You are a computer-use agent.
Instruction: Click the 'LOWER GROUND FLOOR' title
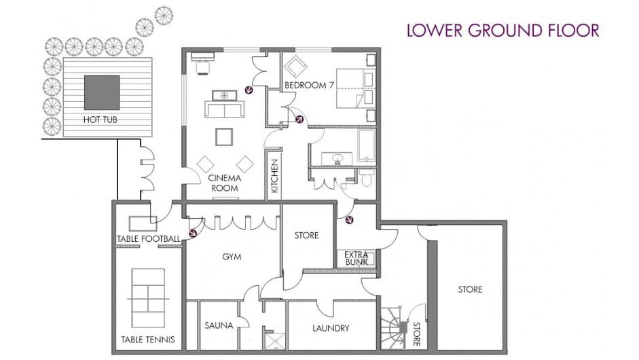pyautogui.click(x=503, y=31)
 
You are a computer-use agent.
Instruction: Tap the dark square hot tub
pyautogui.click(x=102, y=92)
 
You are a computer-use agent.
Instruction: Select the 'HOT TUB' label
pyautogui.click(x=101, y=120)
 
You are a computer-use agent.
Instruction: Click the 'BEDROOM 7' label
pyautogui.click(x=309, y=85)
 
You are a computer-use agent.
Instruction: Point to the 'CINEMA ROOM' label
pyautogui.click(x=225, y=183)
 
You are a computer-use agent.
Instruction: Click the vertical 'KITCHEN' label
pyautogui.click(x=274, y=176)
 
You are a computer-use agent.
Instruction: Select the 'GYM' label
pyautogui.click(x=232, y=257)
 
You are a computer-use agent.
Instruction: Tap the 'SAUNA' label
pyautogui.click(x=219, y=325)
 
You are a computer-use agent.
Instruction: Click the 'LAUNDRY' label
pyautogui.click(x=331, y=328)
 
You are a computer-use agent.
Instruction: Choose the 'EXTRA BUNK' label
pyautogui.click(x=357, y=259)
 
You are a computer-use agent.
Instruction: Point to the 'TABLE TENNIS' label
pyautogui.click(x=148, y=339)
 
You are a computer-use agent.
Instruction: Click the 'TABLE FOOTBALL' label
pyautogui.click(x=148, y=239)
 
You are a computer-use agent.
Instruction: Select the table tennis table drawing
pyautogui.click(x=148, y=298)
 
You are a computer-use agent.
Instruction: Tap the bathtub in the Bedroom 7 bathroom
pyautogui.click(x=367, y=145)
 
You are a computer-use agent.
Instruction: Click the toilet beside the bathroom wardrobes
pyautogui.click(x=367, y=178)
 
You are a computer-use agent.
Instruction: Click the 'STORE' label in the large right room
pyautogui.click(x=470, y=289)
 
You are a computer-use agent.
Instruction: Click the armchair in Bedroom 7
pyautogui.click(x=295, y=65)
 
